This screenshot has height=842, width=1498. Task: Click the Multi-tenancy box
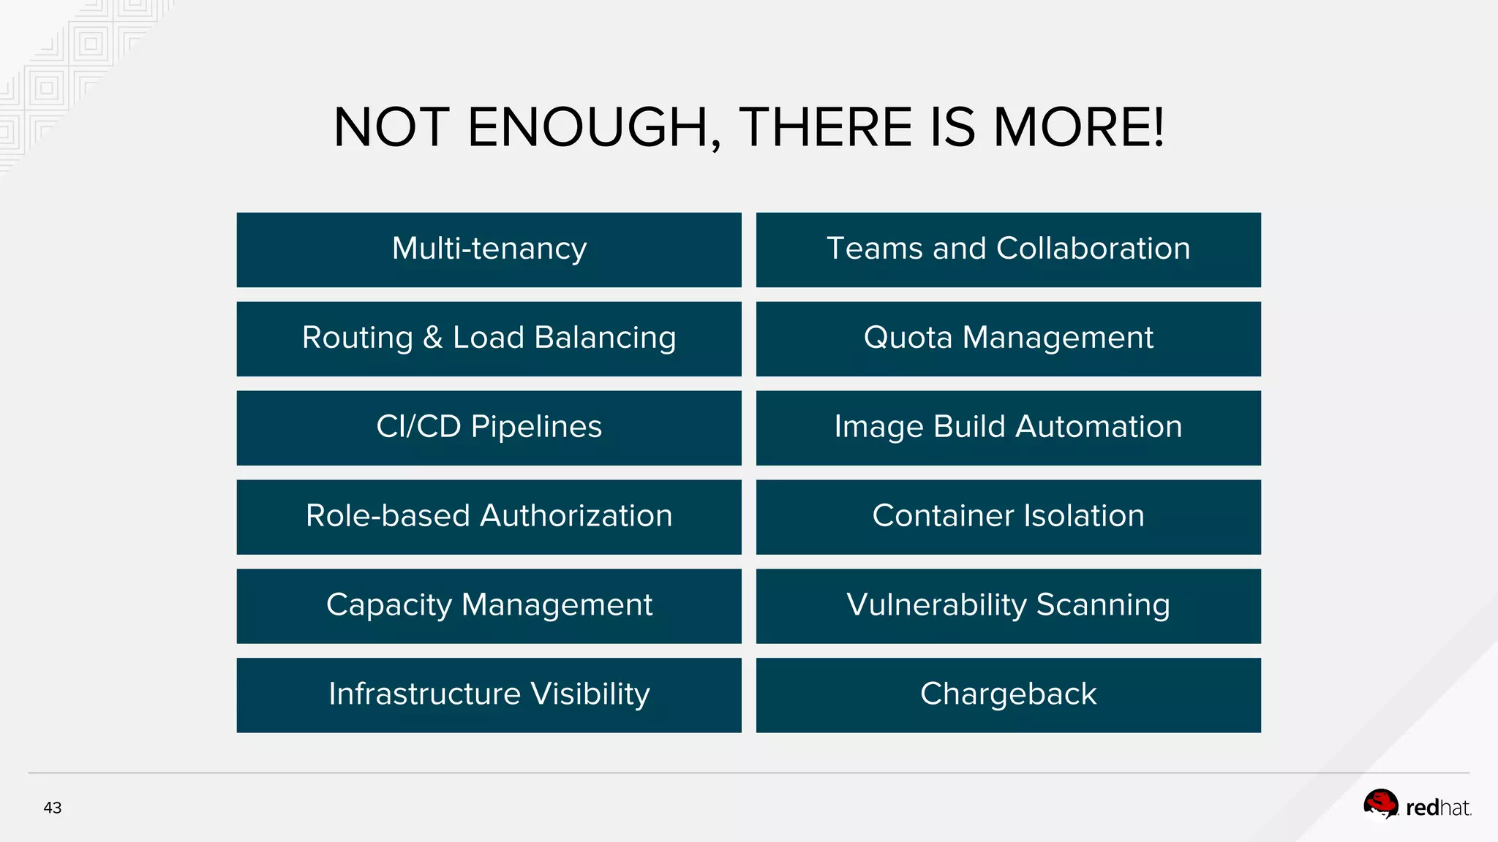(489, 249)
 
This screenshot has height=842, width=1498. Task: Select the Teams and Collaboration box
(1008, 249)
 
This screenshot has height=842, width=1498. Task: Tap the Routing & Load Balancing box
(489, 338)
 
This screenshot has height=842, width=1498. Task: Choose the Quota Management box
(1008, 338)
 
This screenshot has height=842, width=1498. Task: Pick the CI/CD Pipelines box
(489, 428)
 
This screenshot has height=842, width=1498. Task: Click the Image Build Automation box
(1008, 428)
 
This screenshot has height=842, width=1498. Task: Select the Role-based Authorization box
(489, 517)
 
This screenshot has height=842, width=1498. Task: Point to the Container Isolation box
(1008, 517)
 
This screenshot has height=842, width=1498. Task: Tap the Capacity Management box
(489, 606)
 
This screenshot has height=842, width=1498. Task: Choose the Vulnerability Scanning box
(1008, 606)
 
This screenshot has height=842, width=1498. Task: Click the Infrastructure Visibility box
(489, 695)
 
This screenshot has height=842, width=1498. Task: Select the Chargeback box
(1008, 695)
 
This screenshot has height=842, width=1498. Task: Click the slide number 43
(53, 808)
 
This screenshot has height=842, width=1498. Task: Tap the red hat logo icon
(1380, 805)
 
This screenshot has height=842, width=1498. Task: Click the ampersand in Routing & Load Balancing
(433, 338)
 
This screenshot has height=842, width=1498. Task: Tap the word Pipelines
(536, 427)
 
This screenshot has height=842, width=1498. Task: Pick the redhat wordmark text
(1438, 808)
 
